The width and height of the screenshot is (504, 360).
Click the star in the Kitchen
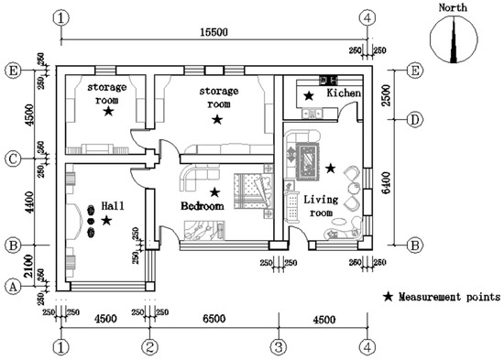tap(309, 95)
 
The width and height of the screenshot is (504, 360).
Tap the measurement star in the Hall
tap(106, 221)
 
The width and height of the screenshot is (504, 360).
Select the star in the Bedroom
tap(214, 192)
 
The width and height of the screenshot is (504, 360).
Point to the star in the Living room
tap(331, 168)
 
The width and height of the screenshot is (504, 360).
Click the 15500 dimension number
tap(214, 32)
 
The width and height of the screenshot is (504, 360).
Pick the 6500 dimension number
tap(214, 319)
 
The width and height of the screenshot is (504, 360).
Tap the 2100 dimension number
tap(29, 266)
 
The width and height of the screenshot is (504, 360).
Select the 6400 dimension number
tap(387, 182)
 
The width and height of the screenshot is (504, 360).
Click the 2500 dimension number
tap(387, 95)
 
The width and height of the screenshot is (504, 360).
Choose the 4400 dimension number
tap(29, 202)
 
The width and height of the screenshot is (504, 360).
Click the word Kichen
tap(344, 93)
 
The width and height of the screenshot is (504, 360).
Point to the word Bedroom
tap(203, 206)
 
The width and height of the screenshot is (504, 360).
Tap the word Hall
tap(113, 206)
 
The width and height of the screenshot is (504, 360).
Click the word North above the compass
tap(453, 7)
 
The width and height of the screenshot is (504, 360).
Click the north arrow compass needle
tap(454, 39)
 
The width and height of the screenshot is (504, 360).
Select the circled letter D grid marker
tap(414, 120)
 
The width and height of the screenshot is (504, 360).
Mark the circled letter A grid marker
tap(13, 287)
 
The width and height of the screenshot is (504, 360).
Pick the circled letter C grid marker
tap(13, 159)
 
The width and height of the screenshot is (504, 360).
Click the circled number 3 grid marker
tap(279, 347)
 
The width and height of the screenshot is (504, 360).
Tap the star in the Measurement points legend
tap(389, 297)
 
